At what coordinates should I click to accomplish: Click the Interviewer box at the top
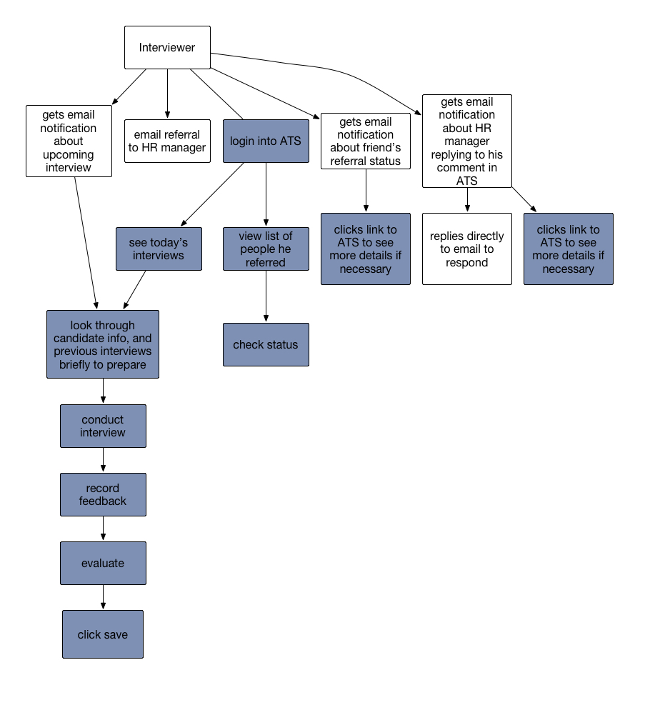(x=167, y=48)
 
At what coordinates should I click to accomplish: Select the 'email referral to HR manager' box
(x=167, y=141)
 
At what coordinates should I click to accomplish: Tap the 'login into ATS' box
(x=266, y=141)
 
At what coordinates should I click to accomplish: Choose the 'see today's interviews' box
(x=159, y=249)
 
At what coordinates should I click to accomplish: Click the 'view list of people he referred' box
(x=266, y=249)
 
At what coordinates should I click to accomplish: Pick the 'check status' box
(x=266, y=344)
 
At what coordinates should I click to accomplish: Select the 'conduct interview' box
(x=103, y=426)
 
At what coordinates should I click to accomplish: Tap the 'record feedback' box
(x=103, y=494)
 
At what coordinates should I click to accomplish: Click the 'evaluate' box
(x=103, y=564)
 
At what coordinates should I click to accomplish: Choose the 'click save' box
(x=103, y=634)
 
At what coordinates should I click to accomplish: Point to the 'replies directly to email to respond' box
(x=467, y=249)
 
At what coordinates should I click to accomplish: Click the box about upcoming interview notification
(x=69, y=141)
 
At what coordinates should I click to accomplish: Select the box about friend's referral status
(x=366, y=141)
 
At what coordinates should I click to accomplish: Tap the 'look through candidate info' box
(x=103, y=344)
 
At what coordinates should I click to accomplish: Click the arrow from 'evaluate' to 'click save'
(x=103, y=597)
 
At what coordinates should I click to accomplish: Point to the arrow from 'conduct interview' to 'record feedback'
(x=103, y=460)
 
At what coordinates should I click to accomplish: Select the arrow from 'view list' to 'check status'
(x=266, y=296)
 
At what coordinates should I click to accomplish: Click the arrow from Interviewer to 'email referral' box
(x=167, y=94)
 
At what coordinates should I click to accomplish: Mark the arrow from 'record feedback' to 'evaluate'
(x=103, y=529)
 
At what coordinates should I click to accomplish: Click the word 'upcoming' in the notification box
(x=69, y=154)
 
